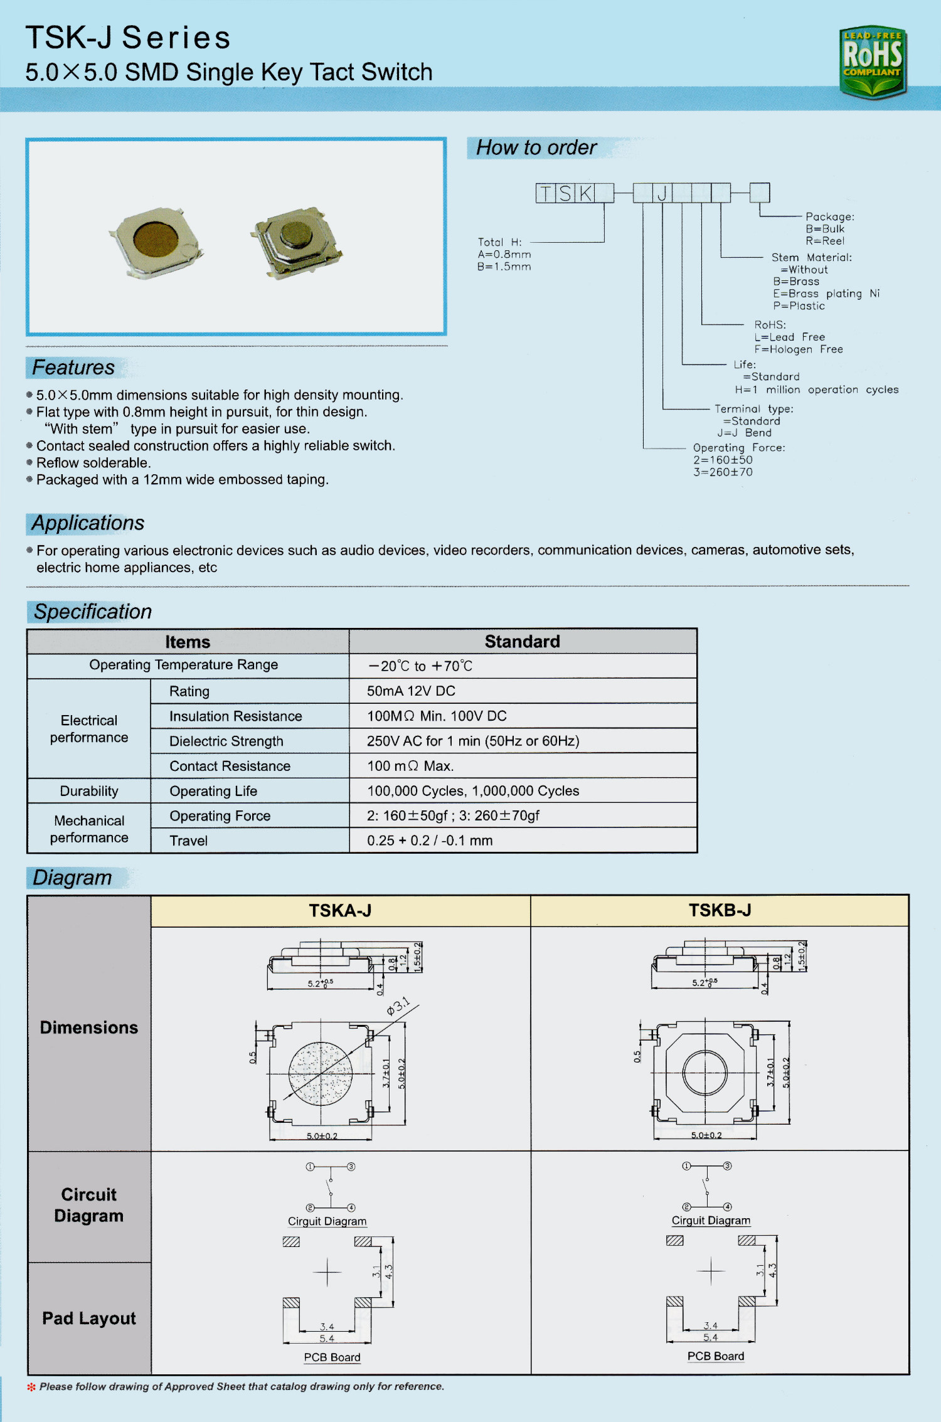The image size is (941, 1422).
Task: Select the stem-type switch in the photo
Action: point(297,241)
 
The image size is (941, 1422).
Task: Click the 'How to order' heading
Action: point(536,148)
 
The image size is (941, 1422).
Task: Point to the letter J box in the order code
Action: point(662,193)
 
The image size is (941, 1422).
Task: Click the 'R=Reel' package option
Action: point(825,241)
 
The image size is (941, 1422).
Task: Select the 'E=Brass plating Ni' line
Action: point(826,294)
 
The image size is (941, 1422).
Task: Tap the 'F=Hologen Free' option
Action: point(798,349)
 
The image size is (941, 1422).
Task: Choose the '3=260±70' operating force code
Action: point(723,472)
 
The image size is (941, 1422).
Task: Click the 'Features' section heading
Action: point(73,368)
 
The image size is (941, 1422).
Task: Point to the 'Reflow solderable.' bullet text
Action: point(93,463)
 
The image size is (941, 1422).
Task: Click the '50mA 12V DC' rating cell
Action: point(411,691)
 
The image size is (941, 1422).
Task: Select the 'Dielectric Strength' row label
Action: point(226,741)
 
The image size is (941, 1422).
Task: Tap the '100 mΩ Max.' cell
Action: point(410,766)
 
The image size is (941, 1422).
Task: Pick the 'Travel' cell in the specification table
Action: point(188,841)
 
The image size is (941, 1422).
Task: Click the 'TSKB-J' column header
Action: point(720,911)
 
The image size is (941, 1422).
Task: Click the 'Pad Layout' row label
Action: point(89,1319)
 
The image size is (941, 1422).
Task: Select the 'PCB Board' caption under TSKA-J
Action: point(332,1357)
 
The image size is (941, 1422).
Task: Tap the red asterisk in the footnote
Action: point(31,1387)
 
